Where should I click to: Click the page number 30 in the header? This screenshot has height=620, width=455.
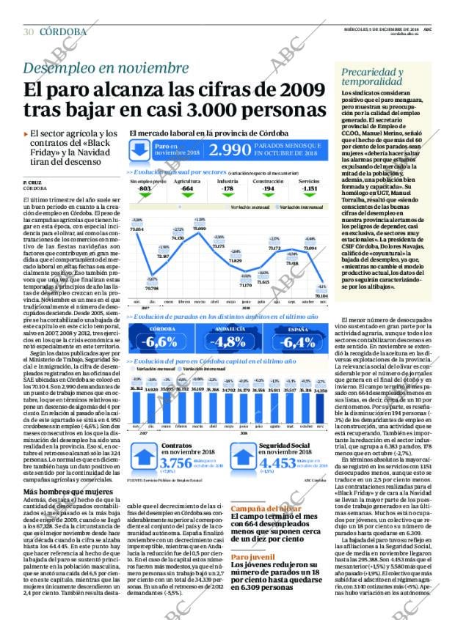[x=29, y=32]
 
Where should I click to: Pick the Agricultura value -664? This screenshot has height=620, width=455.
[x=186, y=188]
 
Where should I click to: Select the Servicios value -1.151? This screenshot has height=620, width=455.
[x=310, y=188]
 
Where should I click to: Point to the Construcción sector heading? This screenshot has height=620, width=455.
[x=268, y=180]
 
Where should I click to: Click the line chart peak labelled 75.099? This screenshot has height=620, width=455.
[x=199, y=229]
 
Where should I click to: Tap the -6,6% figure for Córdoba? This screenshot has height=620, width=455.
[x=161, y=342]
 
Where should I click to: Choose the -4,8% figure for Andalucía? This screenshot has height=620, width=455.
[x=227, y=342]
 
